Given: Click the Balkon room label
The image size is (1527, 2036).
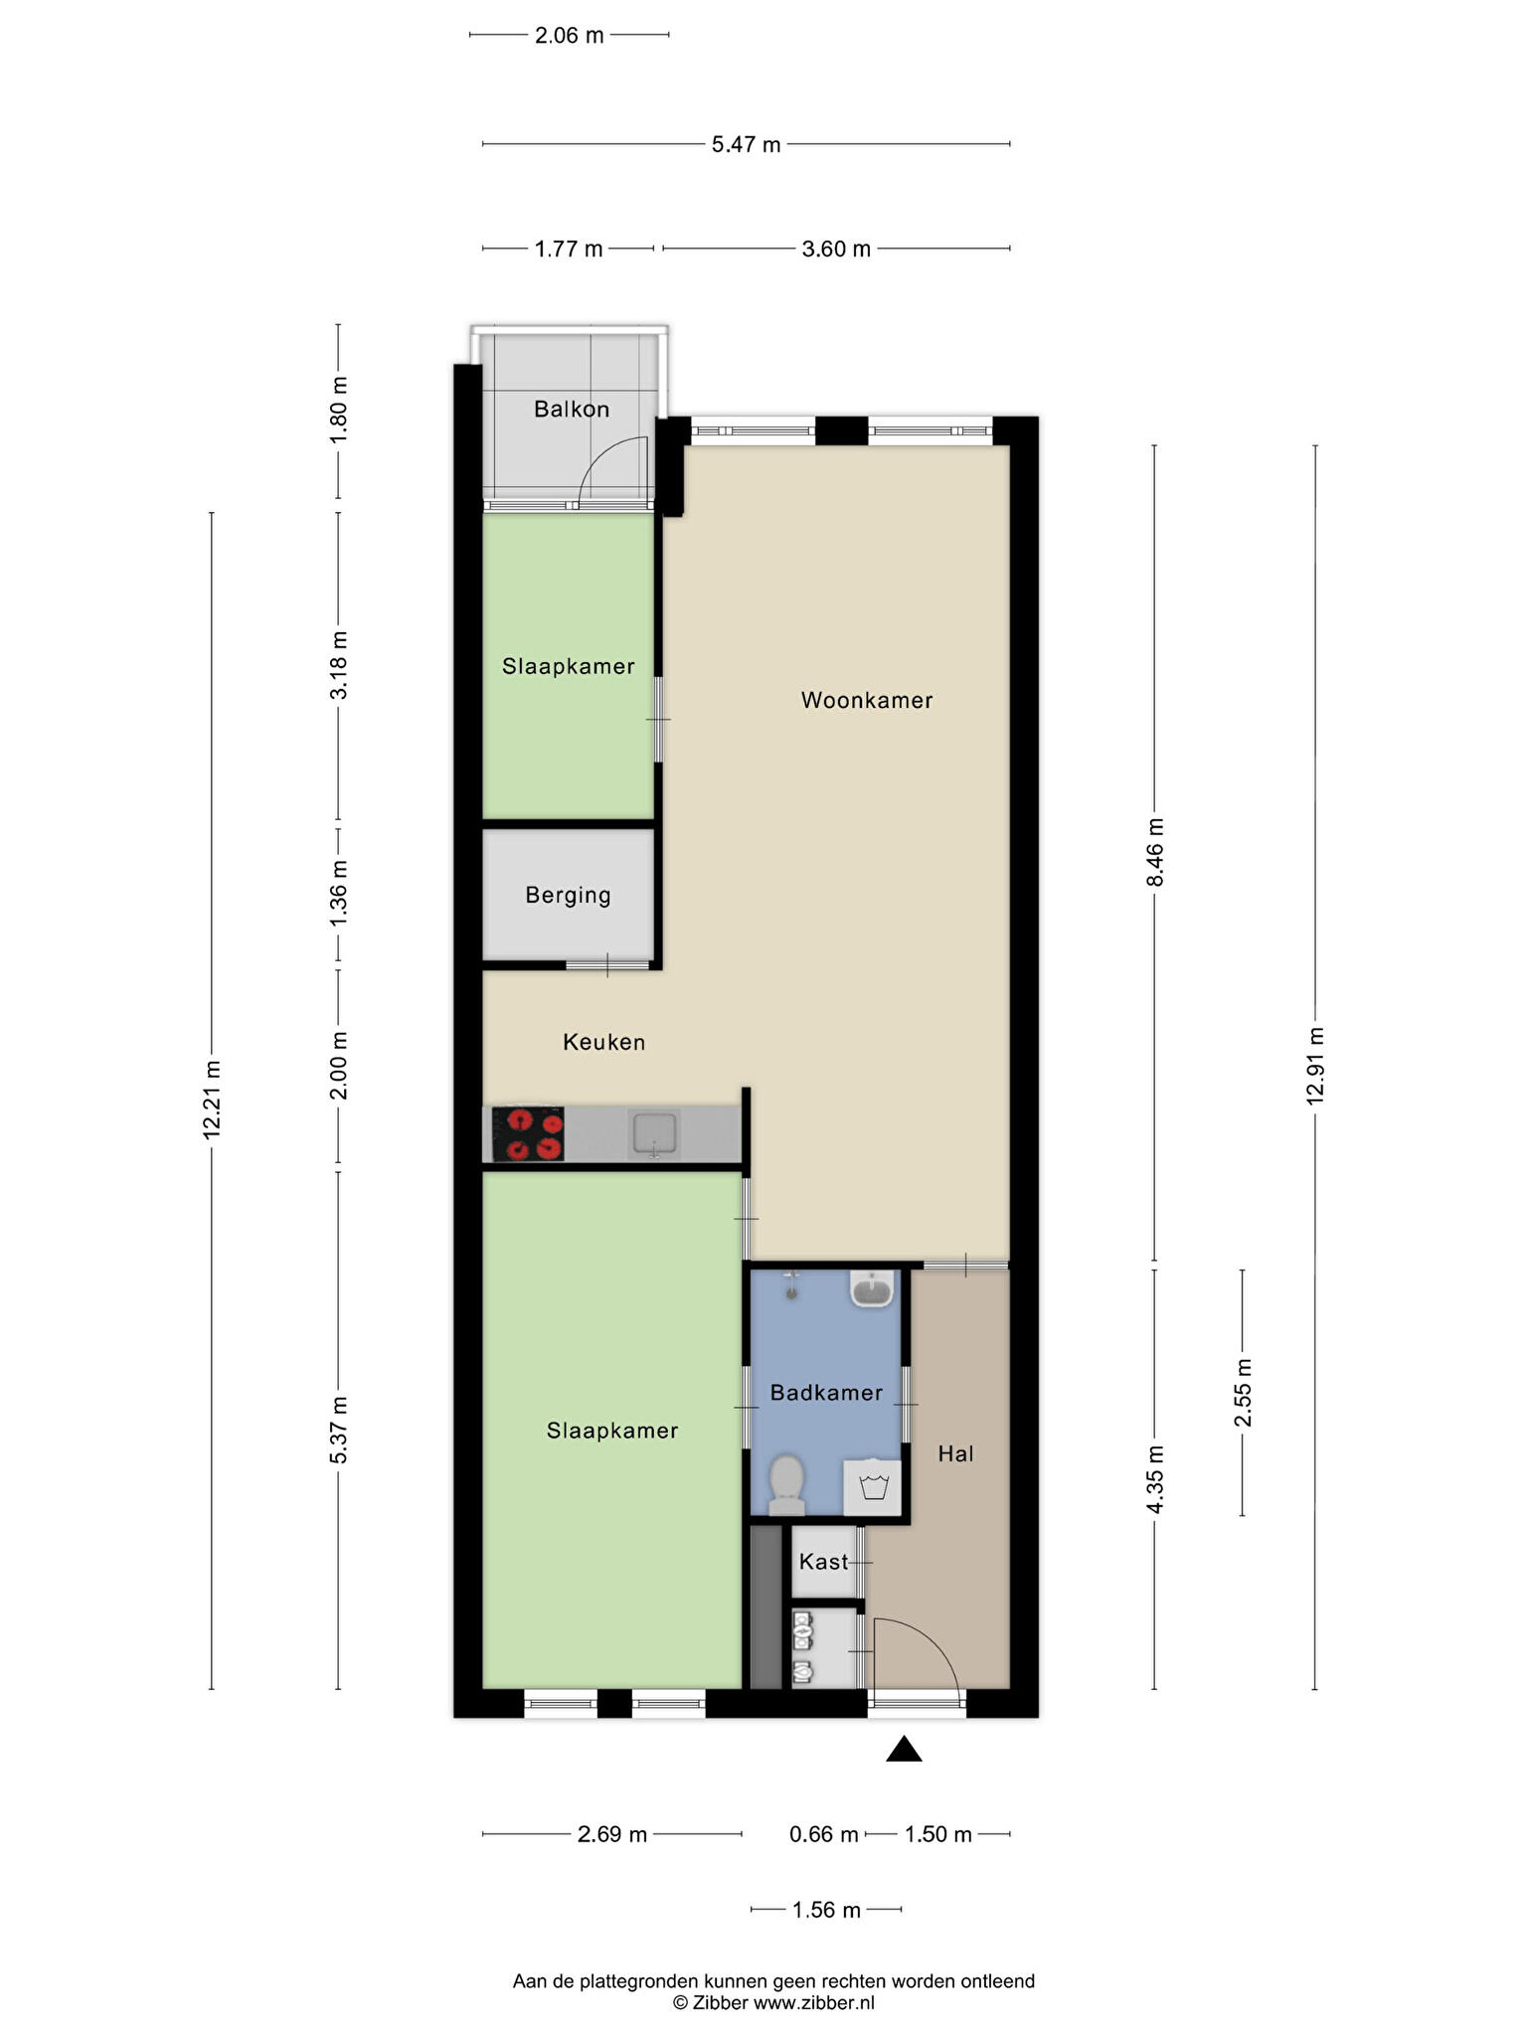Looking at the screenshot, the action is pos(572,409).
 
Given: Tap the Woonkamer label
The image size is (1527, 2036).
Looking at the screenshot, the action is pos(867,700).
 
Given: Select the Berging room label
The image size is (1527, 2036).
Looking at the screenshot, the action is pos(568,896).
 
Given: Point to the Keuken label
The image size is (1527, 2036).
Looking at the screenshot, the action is pos(604,1042).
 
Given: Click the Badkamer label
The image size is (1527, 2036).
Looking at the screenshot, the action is pos(826,1393).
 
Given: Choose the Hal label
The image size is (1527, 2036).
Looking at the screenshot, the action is pos(955,1453).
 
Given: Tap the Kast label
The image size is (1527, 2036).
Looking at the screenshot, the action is pos(824,1562).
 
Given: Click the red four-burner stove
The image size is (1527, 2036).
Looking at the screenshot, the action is pos(528,1134).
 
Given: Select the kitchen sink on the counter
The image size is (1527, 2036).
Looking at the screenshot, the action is pos(654,1135).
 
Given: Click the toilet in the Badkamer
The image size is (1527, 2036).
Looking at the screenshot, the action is pos(786,1485).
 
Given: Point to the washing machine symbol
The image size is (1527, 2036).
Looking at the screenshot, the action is pos(872,1487).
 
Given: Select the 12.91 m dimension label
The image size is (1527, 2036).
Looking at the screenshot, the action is pos(1315,1066).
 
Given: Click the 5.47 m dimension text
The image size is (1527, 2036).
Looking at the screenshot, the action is pos(746,145).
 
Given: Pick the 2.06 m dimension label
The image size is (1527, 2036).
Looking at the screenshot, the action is pos(569,36).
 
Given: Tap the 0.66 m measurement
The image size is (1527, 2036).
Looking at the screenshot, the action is pos(823,1834).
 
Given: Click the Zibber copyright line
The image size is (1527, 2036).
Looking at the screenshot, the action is pos(773,2003).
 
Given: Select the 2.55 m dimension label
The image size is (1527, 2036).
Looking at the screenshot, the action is pos(1243,1392).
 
